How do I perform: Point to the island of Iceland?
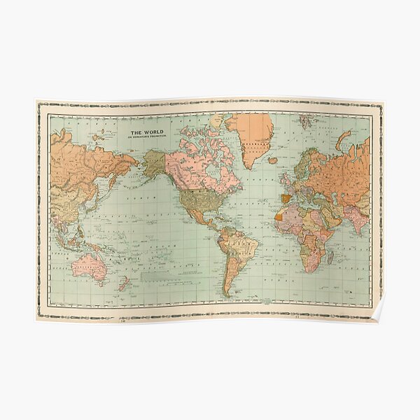click(272, 160)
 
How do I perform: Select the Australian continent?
click(88, 265)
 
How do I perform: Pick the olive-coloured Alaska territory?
click(154, 162)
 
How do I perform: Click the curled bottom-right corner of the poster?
click(378, 315)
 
